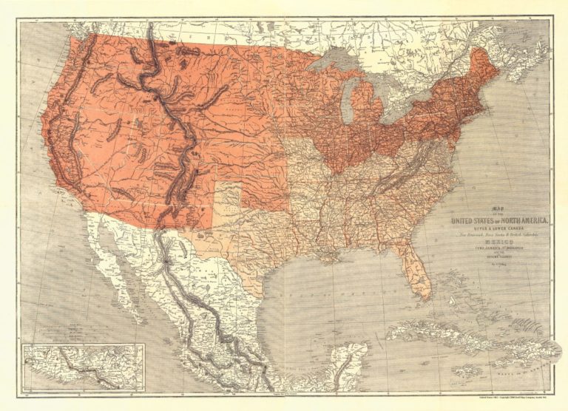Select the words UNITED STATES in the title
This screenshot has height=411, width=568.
click(x=473, y=219)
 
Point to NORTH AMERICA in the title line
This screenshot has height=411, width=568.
click(x=521, y=219)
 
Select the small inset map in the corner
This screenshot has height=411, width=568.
click(x=83, y=366)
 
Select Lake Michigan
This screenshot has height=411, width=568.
click(x=346, y=96)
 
